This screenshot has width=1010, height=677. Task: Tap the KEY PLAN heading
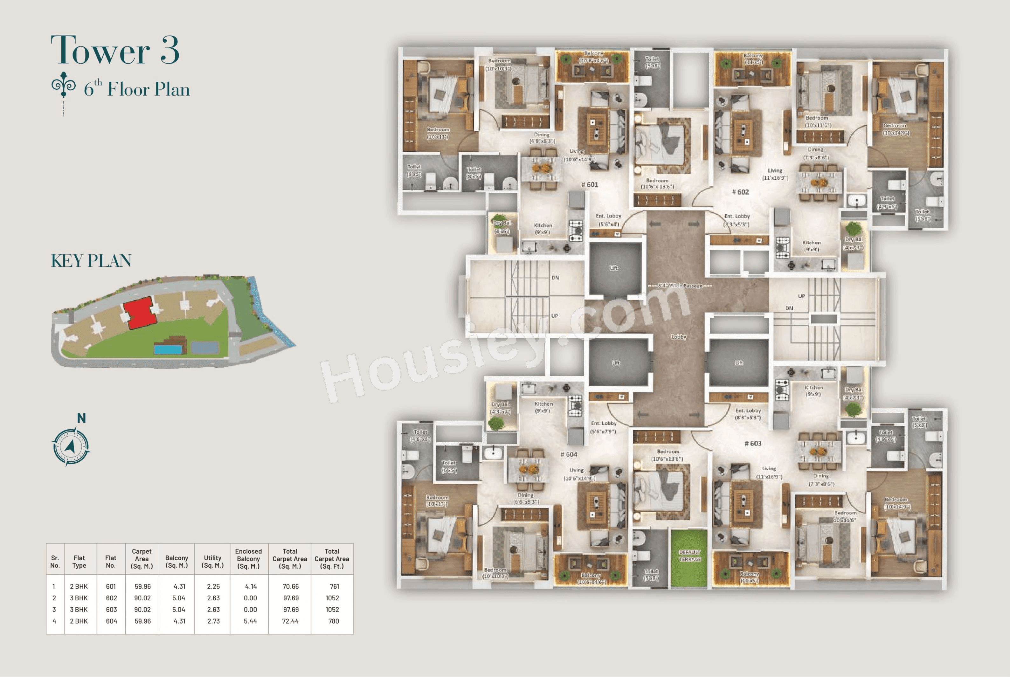click(91, 261)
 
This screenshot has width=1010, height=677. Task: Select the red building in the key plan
click(139, 313)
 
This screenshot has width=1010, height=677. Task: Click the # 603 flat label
click(753, 443)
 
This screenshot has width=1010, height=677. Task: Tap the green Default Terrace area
click(689, 558)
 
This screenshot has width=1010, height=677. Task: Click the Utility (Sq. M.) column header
click(212, 561)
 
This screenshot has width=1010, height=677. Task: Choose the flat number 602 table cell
click(111, 598)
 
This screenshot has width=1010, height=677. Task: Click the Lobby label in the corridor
click(678, 337)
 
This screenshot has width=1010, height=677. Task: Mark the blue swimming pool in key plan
click(168, 349)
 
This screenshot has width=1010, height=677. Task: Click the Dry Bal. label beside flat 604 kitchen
click(501, 404)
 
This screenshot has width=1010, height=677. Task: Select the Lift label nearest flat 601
click(613, 268)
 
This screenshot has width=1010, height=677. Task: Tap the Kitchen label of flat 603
click(813, 388)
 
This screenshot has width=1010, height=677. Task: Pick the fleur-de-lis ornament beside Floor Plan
click(64, 85)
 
